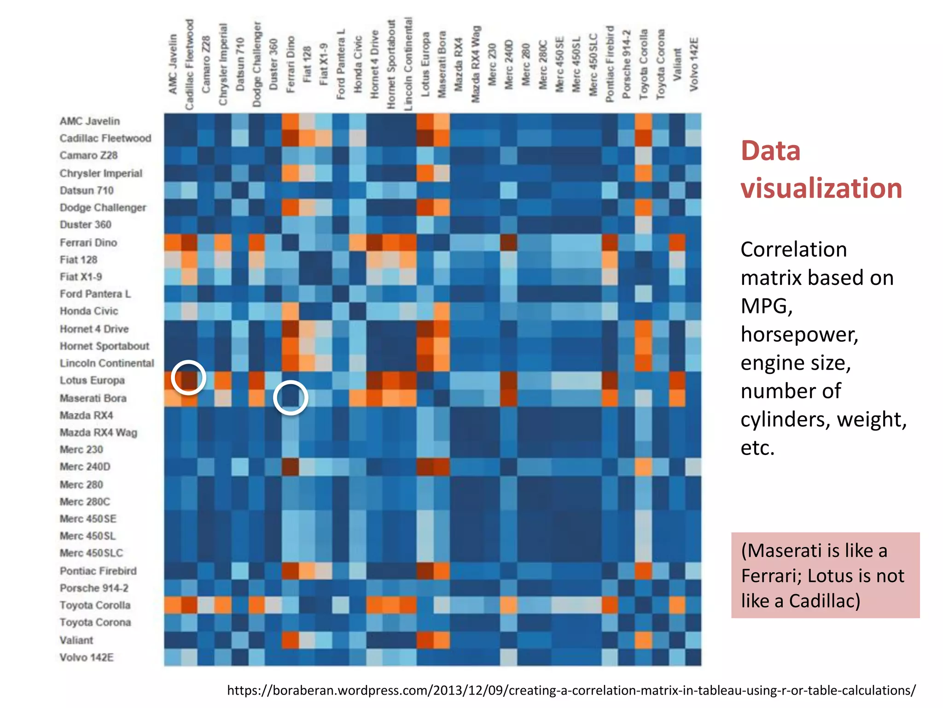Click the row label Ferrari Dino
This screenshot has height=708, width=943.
point(88,242)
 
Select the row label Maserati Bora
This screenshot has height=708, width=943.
point(93,398)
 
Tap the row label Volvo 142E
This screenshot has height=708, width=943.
point(87,657)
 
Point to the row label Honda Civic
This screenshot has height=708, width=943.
point(89,311)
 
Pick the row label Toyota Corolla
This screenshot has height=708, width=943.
point(95,605)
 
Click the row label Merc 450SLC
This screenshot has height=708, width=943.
point(91,553)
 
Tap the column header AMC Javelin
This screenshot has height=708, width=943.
point(173,65)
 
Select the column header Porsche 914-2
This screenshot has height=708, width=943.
point(626,65)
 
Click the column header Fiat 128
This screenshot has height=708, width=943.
point(307,65)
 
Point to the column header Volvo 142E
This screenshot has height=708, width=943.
point(694,65)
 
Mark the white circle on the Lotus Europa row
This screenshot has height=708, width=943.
point(188,378)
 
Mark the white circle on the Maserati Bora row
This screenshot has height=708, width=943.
point(291,397)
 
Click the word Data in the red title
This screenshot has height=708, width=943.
point(770,151)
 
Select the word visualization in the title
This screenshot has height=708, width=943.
point(821,188)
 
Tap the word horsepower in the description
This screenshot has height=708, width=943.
point(799,334)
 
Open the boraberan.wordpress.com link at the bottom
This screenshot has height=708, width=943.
point(571,690)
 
